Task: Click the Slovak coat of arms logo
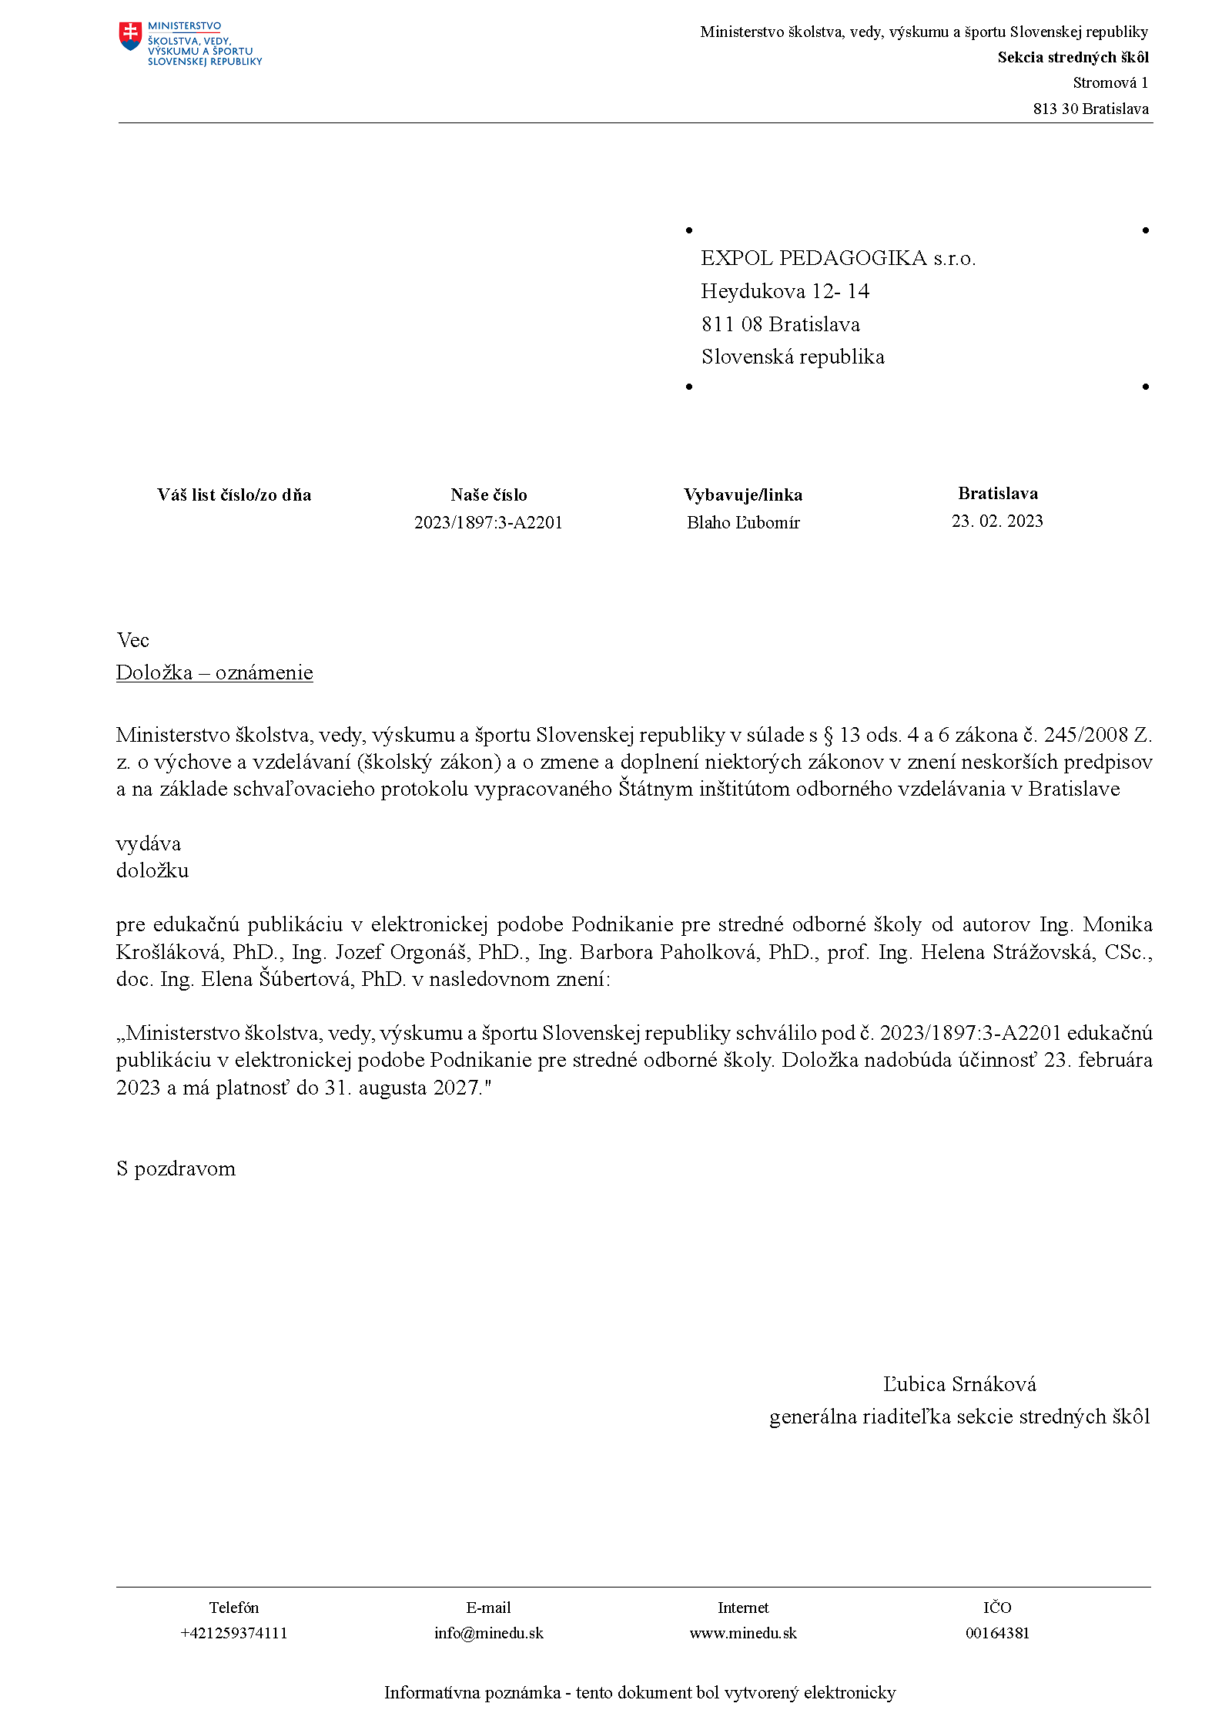pos(131,36)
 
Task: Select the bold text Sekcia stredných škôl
pos(1073,58)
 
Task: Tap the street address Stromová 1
pos(1110,83)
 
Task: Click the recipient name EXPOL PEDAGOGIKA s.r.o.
pos(838,259)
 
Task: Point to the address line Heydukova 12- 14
pos(785,292)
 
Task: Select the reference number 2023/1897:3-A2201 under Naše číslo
pos(488,523)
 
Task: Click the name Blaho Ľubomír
pos(743,523)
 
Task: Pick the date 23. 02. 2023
pos(997,521)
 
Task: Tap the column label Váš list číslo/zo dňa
pos(234,495)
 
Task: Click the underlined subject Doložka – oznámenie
pos(215,673)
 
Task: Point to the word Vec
pos(132,641)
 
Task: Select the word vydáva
pos(149,844)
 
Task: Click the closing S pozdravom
pos(176,1169)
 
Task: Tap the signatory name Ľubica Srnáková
pos(959,1385)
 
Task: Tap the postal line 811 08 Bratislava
pos(780,325)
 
